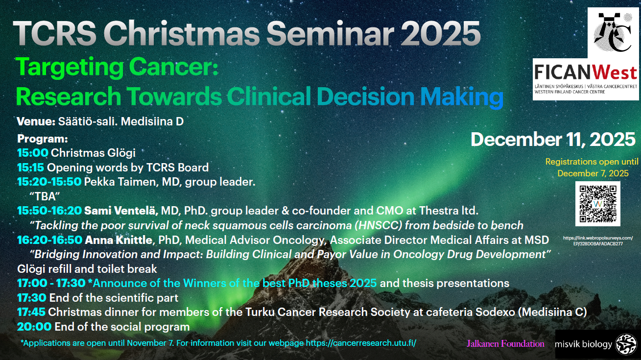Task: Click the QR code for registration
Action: [598, 204]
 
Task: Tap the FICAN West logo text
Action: [586, 72]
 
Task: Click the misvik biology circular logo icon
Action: [626, 344]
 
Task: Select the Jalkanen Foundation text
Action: [505, 343]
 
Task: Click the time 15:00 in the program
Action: [33, 153]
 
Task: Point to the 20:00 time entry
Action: [34, 327]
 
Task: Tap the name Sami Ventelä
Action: [121, 211]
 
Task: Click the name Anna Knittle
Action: [119, 240]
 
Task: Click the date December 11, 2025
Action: [553, 140]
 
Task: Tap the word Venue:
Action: [36, 121]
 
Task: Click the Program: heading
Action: [42, 139]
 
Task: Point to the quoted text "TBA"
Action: [45, 196]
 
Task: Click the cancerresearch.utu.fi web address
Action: [361, 343]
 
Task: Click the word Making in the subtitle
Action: [462, 96]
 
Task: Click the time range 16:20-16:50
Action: [50, 240]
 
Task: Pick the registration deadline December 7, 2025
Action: [593, 173]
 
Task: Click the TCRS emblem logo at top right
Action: [613, 33]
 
